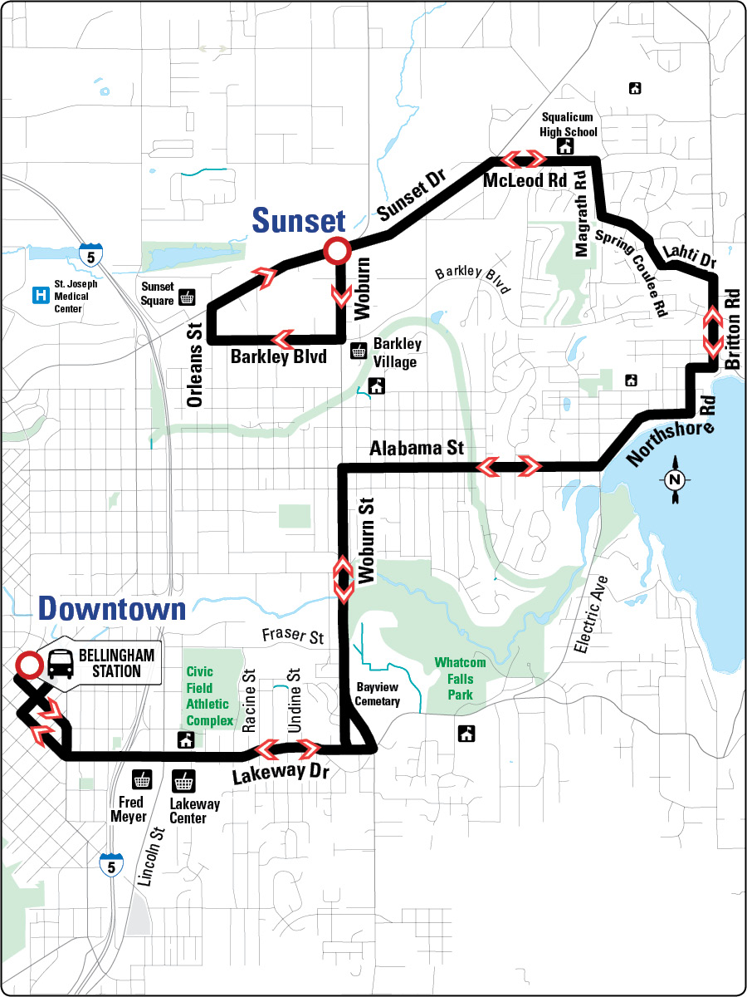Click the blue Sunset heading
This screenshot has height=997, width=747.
coord(298,220)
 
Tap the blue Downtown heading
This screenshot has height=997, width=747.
coord(111,608)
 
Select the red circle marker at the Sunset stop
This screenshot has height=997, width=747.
coord(336,249)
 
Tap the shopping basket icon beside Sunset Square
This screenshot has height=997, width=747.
coord(188,297)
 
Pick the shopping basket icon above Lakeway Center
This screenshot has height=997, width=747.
coord(182,781)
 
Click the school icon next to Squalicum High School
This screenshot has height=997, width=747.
coord(566,146)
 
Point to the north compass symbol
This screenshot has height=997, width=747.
coord(675,479)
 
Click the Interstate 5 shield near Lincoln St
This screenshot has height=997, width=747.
coord(109,865)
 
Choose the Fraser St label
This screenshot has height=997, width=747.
coord(290,638)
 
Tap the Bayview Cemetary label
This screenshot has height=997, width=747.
coord(378,695)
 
